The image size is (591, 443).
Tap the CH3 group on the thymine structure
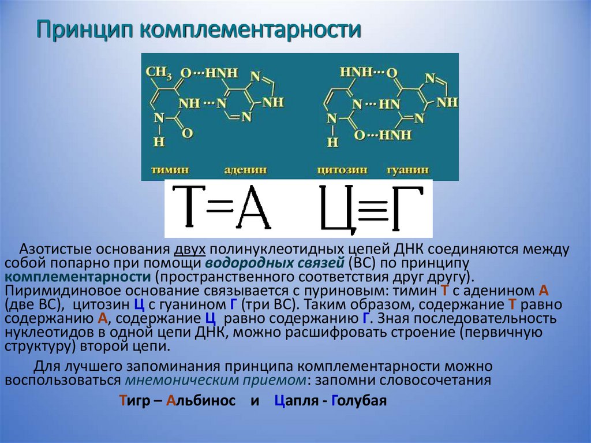coord(158,73)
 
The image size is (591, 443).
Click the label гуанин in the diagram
coord(408,171)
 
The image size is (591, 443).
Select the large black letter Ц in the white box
coord(336,209)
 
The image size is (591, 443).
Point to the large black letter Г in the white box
coord(403,207)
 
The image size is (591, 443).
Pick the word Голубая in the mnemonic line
coord(358,401)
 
